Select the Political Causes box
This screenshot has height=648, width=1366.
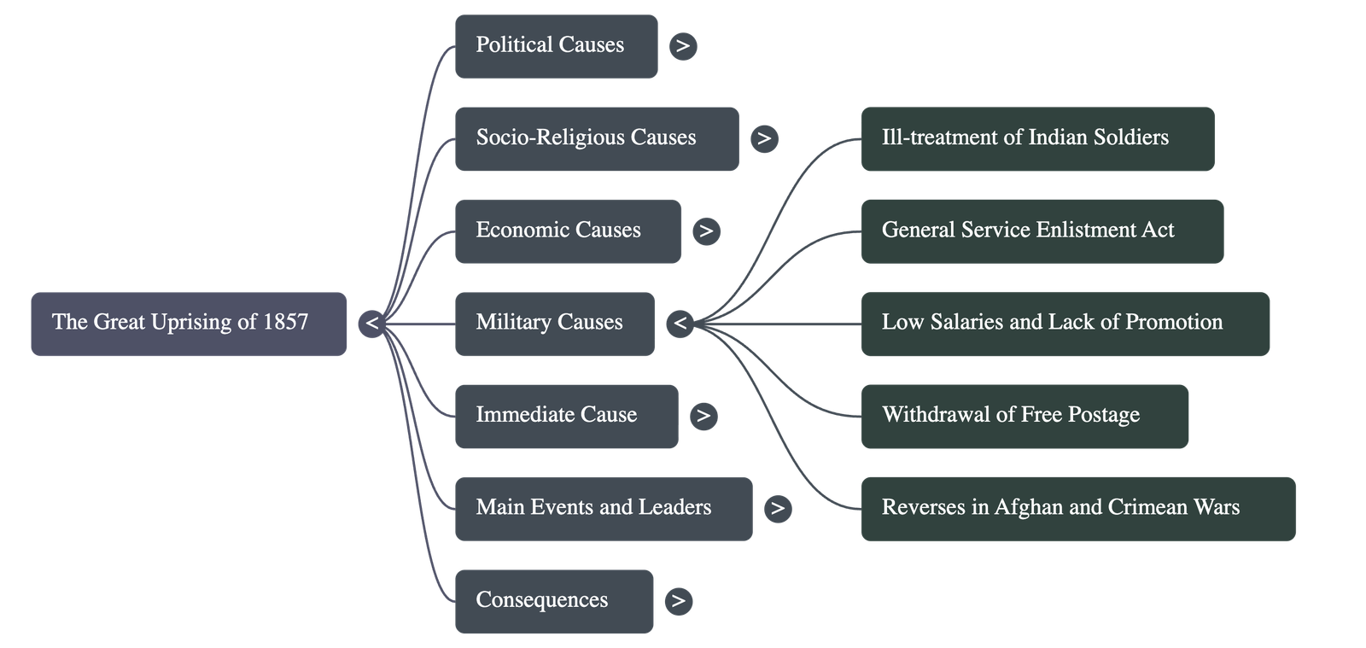click(x=556, y=46)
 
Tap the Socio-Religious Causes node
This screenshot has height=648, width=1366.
click(x=596, y=138)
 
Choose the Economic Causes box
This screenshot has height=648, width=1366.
click(x=567, y=231)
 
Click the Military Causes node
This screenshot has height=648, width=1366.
click(x=554, y=324)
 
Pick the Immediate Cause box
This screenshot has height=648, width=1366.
click(x=566, y=416)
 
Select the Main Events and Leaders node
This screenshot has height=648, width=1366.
click(x=603, y=509)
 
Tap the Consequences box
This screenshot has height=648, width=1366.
click(x=553, y=601)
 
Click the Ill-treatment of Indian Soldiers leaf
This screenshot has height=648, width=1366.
click(x=1036, y=138)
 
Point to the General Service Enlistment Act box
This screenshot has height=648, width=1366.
click(x=1042, y=231)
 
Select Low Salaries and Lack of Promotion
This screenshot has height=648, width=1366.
click(x=1065, y=324)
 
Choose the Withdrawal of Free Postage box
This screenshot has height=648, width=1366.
click(x=1024, y=416)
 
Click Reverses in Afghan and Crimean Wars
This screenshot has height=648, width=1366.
click(x=1077, y=509)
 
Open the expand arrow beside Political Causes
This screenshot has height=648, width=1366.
click(x=682, y=46)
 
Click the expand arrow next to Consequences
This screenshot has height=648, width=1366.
click(x=678, y=601)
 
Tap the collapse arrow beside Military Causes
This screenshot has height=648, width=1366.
click(x=680, y=324)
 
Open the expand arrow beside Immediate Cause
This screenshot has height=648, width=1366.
click(x=703, y=416)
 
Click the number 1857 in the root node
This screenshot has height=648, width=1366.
click(x=285, y=322)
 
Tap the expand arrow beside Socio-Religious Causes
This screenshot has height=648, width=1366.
click(x=764, y=138)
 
